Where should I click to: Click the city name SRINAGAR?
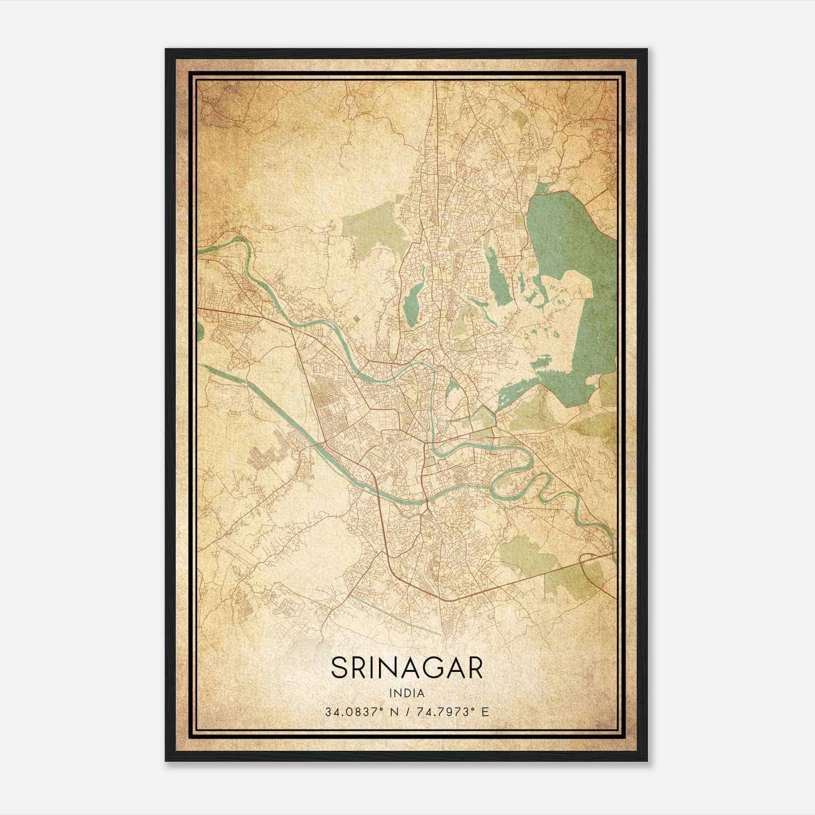[x=407, y=667]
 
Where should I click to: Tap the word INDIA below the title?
[x=407, y=693]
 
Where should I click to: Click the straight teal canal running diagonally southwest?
[x=285, y=418]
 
